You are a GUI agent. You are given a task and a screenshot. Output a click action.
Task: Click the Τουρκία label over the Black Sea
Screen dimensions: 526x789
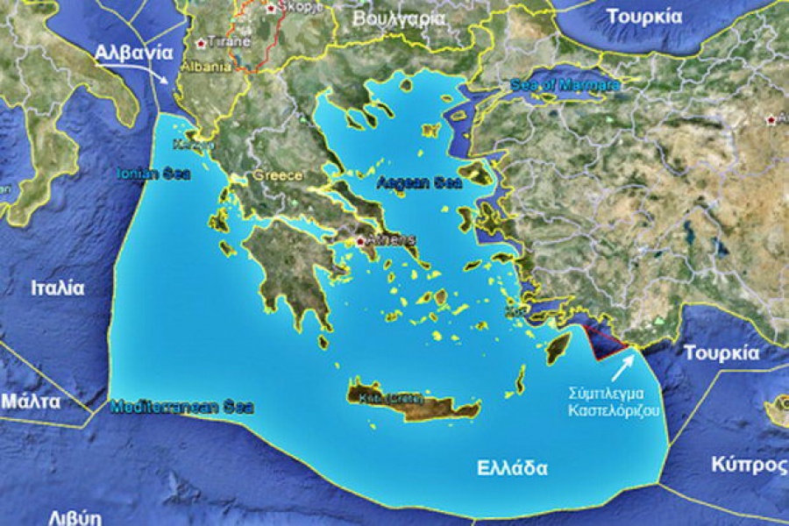pos(644,17)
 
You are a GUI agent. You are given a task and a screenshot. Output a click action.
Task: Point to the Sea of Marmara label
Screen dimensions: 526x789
pos(565,85)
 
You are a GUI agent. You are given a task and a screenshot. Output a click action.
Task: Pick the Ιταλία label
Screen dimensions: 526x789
pos(58,288)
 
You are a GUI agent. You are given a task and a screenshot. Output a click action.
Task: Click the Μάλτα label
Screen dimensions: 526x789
pos(31,402)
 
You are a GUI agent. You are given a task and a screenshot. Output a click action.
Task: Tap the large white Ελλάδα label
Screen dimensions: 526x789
pos(513,467)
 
